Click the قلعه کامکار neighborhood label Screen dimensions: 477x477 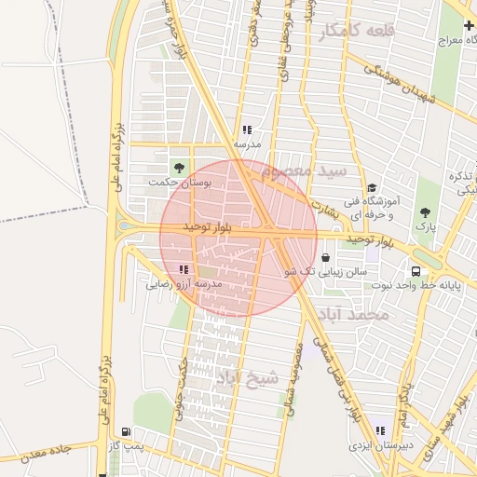(x=357, y=32)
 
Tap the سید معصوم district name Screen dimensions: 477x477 (x=305, y=172)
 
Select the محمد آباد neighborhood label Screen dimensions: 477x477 (x=352, y=315)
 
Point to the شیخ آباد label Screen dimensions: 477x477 (x=247, y=377)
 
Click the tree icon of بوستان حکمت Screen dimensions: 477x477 (x=178, y=168)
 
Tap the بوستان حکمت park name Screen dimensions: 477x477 (x=179, y=184)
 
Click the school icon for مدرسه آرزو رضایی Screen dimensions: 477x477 (x=183, y=268)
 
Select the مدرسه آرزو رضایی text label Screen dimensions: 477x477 (x=184, y=283)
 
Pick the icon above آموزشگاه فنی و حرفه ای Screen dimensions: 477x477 (x=372, y=187)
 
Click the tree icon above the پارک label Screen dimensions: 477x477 (x=425, y=213)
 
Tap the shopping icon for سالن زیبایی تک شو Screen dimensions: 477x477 (x=325, y=258)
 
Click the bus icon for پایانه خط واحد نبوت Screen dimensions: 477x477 (x=416, y=273)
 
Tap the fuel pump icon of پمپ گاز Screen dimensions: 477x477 (x=125, y=432)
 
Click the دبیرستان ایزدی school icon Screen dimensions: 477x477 (x=380, y=430)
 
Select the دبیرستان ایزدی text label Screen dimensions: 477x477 (x=380, y=446)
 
